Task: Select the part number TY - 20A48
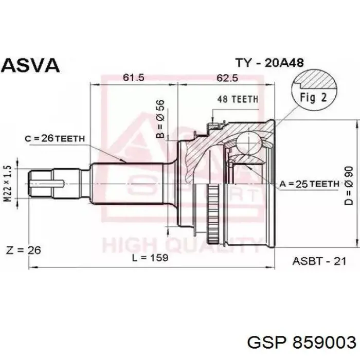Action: (270, 62)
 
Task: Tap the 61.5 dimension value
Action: (133, 77)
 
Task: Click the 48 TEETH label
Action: (238, 99)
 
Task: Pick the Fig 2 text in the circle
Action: (313, 97)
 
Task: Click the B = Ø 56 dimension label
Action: (160, 119)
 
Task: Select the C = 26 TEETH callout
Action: (55, 138)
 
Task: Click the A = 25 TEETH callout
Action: (309, 184)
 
